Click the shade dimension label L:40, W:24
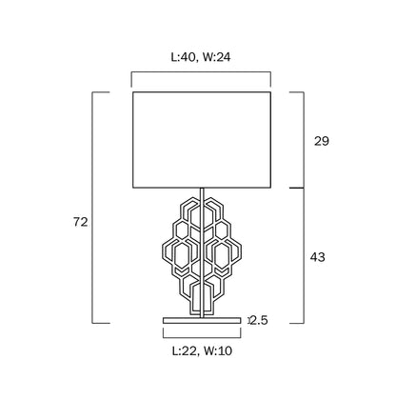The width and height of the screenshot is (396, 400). point(201,57)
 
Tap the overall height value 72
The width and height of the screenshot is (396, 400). point(80,222)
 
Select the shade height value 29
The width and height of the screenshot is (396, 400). point(322,141)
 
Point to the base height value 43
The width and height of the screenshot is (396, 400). point(318,257)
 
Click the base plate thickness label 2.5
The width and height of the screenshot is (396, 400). point(259,320)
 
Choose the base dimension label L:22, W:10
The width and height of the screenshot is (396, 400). point(202,350)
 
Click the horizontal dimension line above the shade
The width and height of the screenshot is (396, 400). point(201,72)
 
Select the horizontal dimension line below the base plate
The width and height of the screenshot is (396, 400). point(202,338)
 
